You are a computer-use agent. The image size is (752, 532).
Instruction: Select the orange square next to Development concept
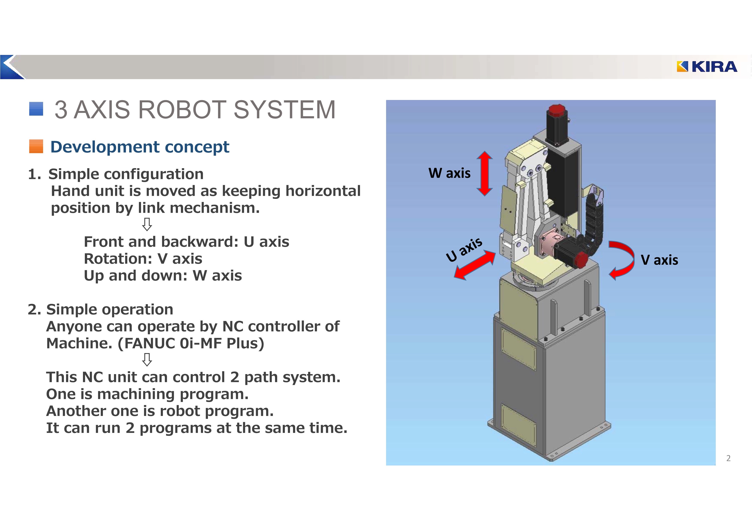[36, 147]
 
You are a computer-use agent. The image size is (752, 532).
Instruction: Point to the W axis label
[449, 173]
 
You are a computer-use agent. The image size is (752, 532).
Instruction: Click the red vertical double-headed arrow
[484, 173]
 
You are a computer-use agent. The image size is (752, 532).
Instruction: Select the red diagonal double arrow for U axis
[475, 265]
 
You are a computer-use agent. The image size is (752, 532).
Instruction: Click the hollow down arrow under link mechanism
[147, 225]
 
